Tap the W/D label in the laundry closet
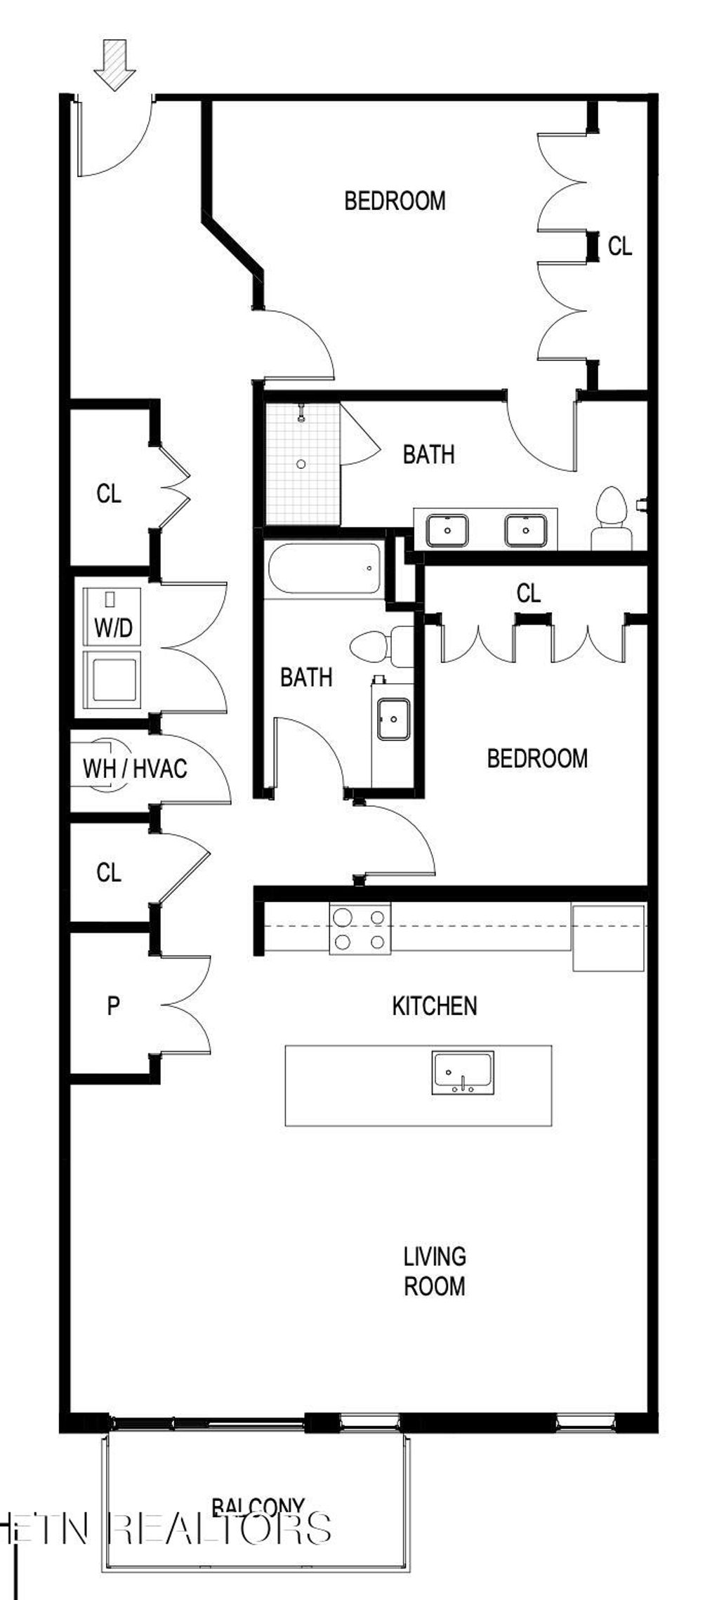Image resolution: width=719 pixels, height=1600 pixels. [x=113, y=627]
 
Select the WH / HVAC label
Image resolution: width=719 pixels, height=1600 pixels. [x=135, y=768]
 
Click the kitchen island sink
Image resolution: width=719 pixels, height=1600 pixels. [x=463, y=1073]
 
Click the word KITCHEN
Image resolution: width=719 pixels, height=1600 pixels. [x=434, y=1005]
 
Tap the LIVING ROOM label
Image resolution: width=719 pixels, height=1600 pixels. [x=434, y=1271]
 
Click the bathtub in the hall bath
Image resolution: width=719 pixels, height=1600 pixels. [x=324, y=569]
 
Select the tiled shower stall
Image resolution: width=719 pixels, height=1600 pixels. [x=302, y=463]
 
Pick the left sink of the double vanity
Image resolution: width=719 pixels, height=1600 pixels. [x=447, y=529]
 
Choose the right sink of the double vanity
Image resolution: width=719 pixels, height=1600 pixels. [x=525, y=529]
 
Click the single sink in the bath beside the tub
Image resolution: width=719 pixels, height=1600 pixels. [x=393, y=718]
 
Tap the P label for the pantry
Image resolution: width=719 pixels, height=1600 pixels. [x=113, y=1006]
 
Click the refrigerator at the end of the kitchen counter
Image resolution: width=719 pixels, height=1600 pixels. [x=608, y=938]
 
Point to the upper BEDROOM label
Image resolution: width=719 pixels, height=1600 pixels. [x=395, y=201]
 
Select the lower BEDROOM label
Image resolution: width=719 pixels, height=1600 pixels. [x=537, y=758]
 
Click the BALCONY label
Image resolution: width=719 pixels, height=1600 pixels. [x=258, y=1506]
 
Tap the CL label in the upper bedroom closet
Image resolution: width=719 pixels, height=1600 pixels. [x=619, y=246]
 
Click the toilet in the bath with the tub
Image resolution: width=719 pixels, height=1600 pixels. [x=383, y=646]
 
